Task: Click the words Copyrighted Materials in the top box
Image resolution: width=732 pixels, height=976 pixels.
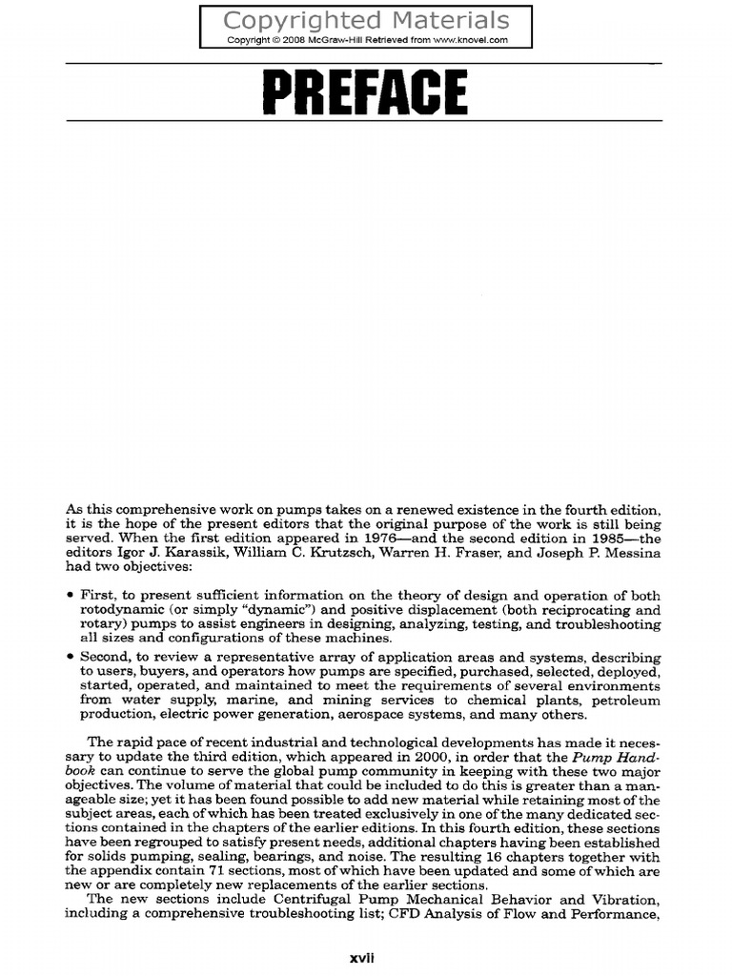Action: pos(366,21)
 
